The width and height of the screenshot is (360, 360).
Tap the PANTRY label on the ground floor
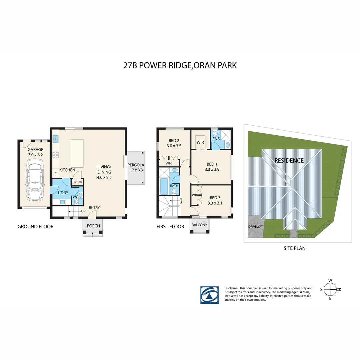(x=77, y=182)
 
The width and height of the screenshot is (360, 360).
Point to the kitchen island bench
(x=77, y=153)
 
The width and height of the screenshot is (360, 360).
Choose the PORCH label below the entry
(x=93, y=226)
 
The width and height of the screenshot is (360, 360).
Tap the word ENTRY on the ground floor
(x=94, y=208)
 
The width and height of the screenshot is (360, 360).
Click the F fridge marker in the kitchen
(x=55, y=174)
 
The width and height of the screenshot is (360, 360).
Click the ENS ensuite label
(x=216, y=138)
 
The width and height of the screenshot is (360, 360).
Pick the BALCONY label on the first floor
(x=199, y=225)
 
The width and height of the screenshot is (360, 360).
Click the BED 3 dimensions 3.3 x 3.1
(x=215, y=203)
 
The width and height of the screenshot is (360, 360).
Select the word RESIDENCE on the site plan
(x=289, y=161)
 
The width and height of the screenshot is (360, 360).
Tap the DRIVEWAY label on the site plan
(x=256, y=227)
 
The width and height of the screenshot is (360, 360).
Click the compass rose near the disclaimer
(x=330, y=289)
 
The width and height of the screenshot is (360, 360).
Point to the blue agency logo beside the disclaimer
(x=209, y=295)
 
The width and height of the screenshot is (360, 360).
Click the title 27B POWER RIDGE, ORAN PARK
(x=180, y=65)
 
